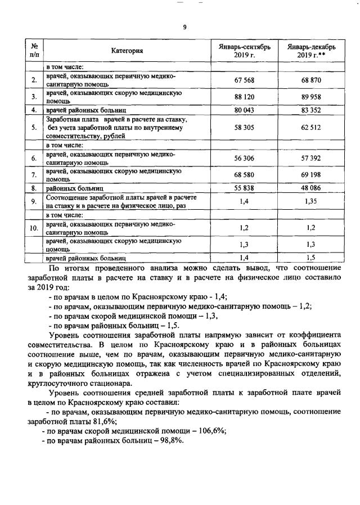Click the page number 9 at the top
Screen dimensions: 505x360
coord(184,27)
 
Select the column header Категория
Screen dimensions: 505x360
coord(127,51)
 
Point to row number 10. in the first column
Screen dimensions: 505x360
coord(34,228)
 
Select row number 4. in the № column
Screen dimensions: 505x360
coord(34,110)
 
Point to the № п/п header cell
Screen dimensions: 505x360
coord(34,51)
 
